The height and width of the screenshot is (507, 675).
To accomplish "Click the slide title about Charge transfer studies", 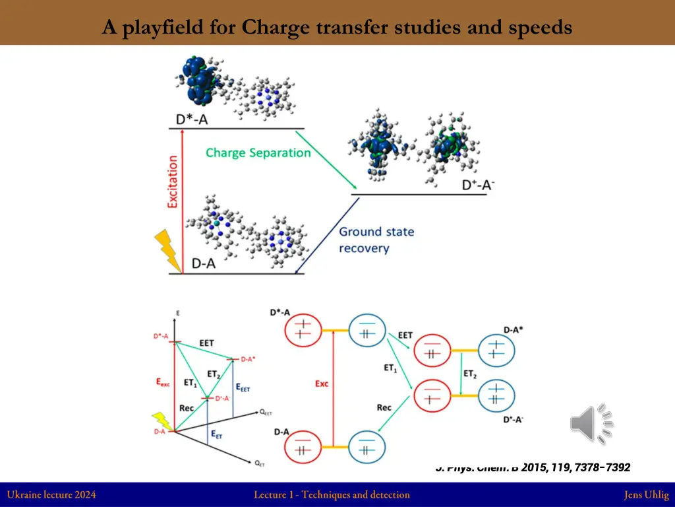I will pos(337,28).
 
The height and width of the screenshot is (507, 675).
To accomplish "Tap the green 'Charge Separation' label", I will pos(258,153).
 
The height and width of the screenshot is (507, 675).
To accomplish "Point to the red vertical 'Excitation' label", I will pos(173,182).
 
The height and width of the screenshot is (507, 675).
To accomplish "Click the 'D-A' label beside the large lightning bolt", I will pos(204,263).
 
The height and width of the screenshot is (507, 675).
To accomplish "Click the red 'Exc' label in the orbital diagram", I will pos(321,384).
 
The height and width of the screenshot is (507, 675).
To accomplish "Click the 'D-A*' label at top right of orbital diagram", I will pos(514,329).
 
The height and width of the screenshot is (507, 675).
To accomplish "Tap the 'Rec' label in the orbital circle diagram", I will pos(384,407).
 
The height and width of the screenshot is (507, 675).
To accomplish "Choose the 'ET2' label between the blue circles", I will pos(469,374).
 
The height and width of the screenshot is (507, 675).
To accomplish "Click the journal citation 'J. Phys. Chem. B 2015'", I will pos(533,467).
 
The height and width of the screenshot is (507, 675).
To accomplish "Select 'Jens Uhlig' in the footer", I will pos(646,494).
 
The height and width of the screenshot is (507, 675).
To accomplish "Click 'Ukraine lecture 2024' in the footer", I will pos(51,494).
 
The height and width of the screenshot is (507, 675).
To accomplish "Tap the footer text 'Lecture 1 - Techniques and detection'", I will pos(332,494).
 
